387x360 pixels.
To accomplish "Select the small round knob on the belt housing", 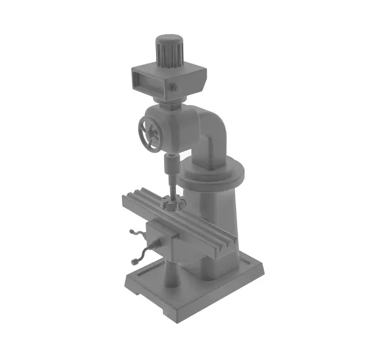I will (175, 88).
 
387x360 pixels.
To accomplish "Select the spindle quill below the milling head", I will (170, 167).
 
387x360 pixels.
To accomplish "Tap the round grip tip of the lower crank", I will (134, 262).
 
